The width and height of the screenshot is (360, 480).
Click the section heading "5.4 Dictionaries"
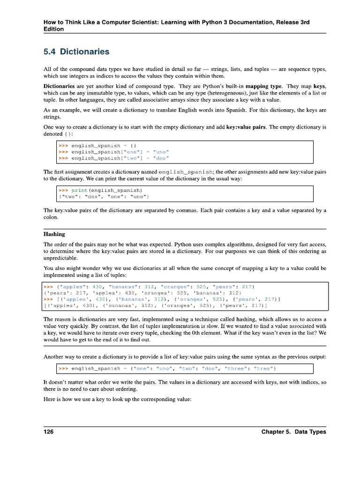pyautogui.click(x=76, y=52)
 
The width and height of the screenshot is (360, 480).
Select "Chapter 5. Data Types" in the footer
pyautogui.click(x=294, y=432)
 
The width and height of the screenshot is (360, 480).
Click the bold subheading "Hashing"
pyautogui.click(x=54, y=234)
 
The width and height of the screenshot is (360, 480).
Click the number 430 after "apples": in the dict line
pyautogui.click(x=97, y=286)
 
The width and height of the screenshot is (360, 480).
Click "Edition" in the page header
pyautogui.click(x=53, y=29)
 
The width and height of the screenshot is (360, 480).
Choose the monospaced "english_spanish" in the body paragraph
pyautogui.click(x=186, y=172)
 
